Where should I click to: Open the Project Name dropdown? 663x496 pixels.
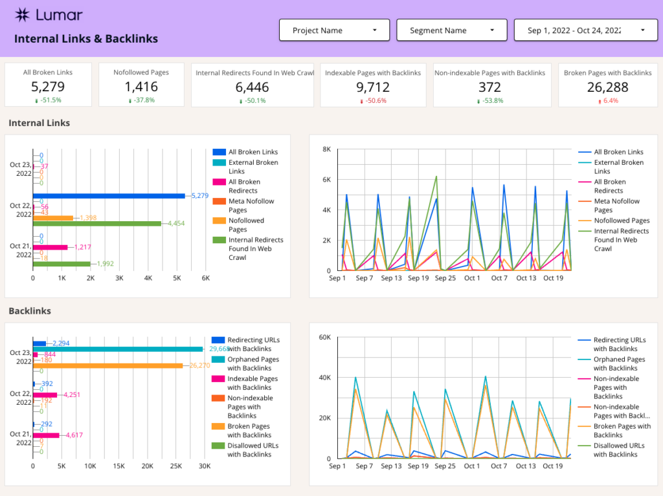coord(334,30)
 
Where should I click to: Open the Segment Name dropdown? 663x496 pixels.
coord(451,30)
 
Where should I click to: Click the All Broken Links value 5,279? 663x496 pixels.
coord(47,87)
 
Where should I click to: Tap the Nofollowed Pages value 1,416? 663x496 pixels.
coord(141,87)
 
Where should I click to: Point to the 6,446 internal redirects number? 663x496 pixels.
coord(252,87)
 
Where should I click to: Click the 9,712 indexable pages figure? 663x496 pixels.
coord(373,87)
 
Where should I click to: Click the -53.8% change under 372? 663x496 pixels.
coord(492,101)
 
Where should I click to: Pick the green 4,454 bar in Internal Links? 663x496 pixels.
coord(97,224)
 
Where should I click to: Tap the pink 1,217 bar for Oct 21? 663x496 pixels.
coord(51,247)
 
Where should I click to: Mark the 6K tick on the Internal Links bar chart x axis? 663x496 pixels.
coord(206,277)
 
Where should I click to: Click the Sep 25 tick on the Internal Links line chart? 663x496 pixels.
coord(445,278)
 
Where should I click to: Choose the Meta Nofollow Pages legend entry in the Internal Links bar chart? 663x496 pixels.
coord(251,206)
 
